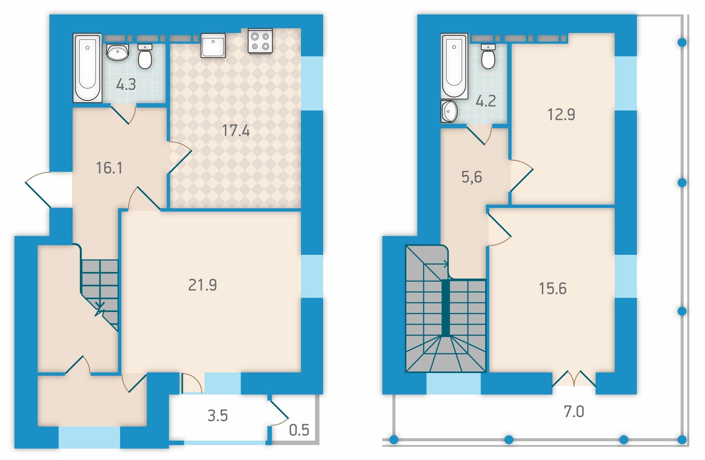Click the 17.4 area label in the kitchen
(x=236, y=131)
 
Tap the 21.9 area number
(x=202, y=285)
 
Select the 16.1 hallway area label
(x=109, y=168)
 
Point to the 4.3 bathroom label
(x=126, y=84)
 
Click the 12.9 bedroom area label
(x=561, y=114)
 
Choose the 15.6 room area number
(x=553, y=288)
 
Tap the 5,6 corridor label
(x=472, y=177)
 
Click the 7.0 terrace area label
(x=574, y=411)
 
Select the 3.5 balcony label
(x=217, y=415)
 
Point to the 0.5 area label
(x=299, y=430)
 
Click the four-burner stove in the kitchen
(x=260, y=41)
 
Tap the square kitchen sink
(x=213, y=45)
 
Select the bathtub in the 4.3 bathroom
(x=87, y=68)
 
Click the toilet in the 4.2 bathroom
(x=488, y=56)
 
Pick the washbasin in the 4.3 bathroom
(x=118, y=52)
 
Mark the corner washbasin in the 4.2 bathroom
(x=449, y=111)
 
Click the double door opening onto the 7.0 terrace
(x=574, y=379)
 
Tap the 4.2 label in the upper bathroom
(x=486, y=101)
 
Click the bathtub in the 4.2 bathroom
(x=454, y=66)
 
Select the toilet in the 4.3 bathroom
(x=145, y=56)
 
